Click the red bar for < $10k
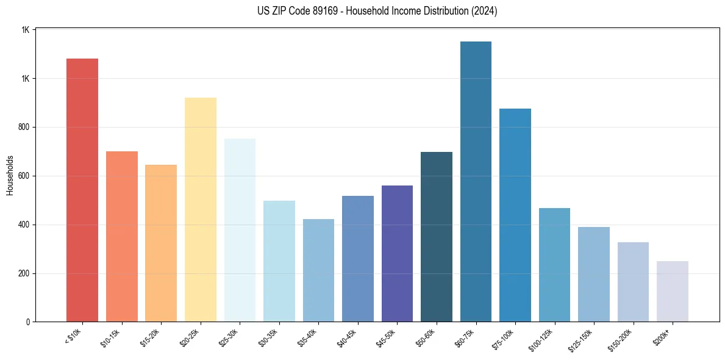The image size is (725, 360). coord(82,190)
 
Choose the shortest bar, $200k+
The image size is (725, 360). coord(672,291)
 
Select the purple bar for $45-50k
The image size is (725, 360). coord(397,253)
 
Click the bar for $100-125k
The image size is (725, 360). coord(554,265)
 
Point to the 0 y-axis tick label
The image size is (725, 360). coord(28,322)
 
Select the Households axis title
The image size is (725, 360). coord(10,175)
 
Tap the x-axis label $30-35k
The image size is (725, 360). coord(268,338)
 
